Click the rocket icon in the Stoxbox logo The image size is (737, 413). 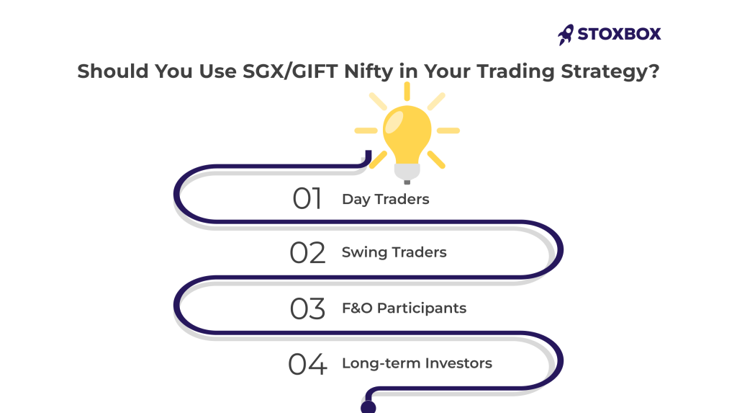coord(566,35)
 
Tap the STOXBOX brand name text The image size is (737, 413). coord(619,34)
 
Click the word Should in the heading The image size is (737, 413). coord(113,71)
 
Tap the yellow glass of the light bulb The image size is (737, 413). coord(407,135)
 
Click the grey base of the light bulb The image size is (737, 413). coord(407,173)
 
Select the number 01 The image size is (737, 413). coord(307,198)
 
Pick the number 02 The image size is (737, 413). coord(307,253)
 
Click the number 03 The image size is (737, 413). coord(307,309)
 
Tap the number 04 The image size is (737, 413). coord(307,364)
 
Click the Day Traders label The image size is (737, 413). coord(386,199)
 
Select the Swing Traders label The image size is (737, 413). coord(394,252)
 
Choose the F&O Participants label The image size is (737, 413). coord(404,308)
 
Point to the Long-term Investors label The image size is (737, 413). coord(417,363)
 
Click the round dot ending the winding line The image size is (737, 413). coord(368,407)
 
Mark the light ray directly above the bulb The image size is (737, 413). coord(407,91)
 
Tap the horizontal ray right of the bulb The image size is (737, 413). coord(448,130)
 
